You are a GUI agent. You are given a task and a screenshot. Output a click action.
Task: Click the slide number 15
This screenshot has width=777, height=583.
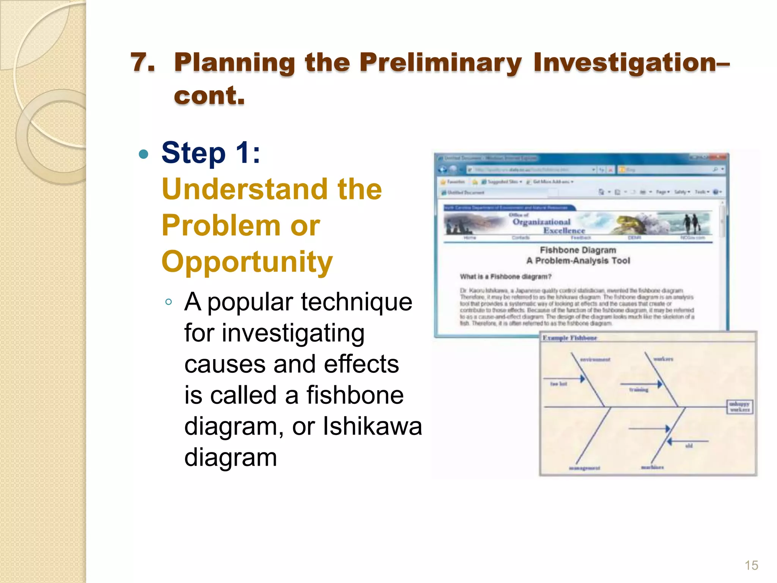point(751,565)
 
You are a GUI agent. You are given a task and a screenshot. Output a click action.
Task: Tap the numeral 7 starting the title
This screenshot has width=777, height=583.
point(142,63)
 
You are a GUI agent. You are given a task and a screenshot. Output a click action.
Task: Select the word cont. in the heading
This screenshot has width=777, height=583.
point(209,96)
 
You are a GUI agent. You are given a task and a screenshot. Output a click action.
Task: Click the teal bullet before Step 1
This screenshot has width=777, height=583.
point(143,154)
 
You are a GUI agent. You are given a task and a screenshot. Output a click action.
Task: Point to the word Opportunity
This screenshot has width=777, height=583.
point(247,262)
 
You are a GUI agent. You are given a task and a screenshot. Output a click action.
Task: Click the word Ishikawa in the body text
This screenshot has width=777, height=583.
point(372,426)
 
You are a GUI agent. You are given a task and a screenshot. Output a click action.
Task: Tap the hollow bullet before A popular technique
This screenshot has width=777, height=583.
point(169,302)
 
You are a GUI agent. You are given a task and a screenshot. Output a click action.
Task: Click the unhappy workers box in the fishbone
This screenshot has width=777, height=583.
point(739,407)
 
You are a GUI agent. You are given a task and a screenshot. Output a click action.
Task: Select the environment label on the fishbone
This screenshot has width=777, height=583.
point(595,359)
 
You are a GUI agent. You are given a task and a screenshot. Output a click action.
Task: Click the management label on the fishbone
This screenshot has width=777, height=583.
point(584,468)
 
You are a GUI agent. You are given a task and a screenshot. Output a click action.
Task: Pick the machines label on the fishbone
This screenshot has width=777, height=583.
point(652,467)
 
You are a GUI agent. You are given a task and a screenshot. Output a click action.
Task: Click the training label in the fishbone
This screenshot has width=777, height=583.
point(639,390)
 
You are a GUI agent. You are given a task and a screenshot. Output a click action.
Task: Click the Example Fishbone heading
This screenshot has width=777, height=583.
point(569,338)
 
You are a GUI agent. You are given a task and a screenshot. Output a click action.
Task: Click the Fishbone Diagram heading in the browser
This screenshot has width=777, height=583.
point(578,250)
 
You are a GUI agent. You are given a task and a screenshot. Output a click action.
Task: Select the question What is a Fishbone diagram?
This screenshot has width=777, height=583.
point(505,276)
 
